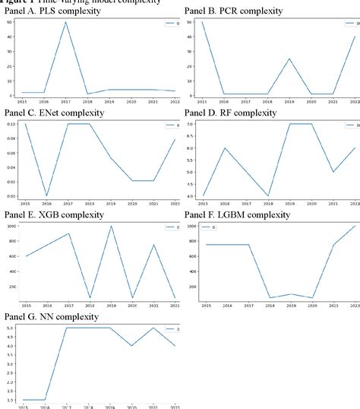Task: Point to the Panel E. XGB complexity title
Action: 58,194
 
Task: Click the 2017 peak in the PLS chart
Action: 66,22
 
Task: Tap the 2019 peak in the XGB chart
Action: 111,204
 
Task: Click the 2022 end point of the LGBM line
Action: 355,204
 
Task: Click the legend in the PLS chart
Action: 169,24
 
